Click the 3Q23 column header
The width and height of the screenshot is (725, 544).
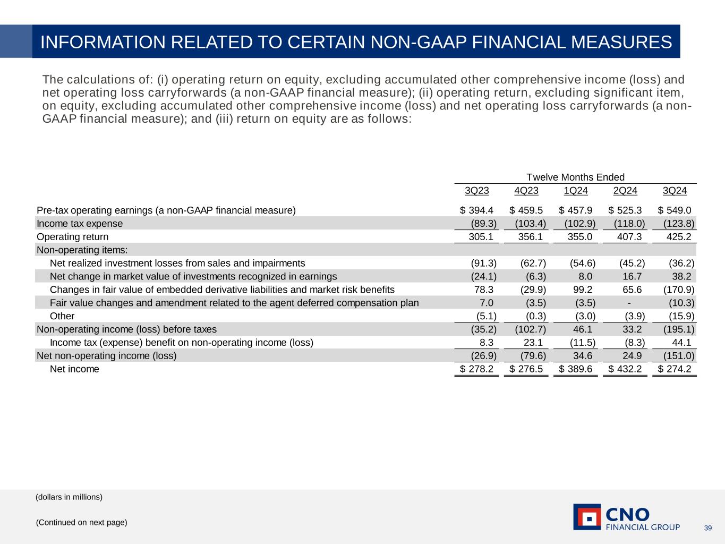click(x=476, y=191)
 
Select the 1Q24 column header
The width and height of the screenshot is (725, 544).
click(x=576, y=191)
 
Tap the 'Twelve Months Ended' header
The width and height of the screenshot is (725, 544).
click(x=575, y=177)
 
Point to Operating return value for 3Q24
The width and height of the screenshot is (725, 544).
click(x=674, y=237)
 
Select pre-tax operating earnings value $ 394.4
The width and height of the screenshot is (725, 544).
click(x=476, y=210)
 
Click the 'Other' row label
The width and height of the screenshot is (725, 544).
click(x=62, y=316)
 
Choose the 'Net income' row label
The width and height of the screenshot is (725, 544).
click(x=74, y=369)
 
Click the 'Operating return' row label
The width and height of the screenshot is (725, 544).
click(x=72, y=237)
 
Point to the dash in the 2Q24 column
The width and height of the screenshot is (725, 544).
click(x=629, y=303)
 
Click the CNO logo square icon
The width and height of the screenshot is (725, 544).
click(x=587, y=517)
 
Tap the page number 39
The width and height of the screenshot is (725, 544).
click(x=707, y=528)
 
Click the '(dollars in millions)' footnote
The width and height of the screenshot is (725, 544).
click(x=69, y=497)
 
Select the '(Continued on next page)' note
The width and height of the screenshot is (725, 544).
click(x=81, y=523)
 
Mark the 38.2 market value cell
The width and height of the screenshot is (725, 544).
click(x=681, y=276)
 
